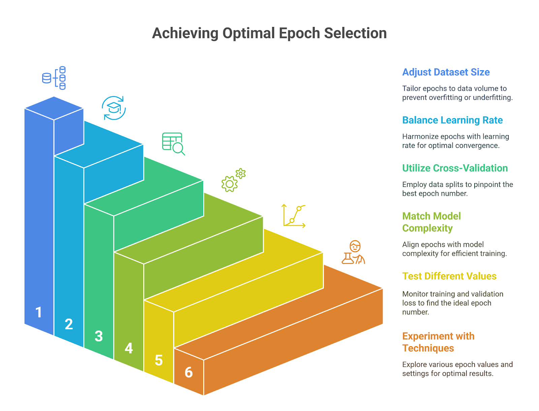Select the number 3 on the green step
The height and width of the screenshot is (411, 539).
(x=98, y=336)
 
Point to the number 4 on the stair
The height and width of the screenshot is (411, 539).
(x=128, y=348)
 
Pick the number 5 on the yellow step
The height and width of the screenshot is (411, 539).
(x=158, y=360)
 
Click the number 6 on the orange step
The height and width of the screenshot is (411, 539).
(x=188, y=372)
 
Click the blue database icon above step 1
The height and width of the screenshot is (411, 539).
(x=54, y=78)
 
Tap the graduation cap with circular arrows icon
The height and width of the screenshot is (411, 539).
(x=114, y=108)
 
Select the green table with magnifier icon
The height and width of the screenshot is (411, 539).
(x=173, y=143)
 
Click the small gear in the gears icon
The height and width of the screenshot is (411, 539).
(x=240, y=173)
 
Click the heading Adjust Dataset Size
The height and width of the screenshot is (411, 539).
(x=445, y=72)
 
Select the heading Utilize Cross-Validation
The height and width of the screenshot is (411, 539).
(x=454, y=168)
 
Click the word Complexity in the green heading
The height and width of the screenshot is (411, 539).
(x=427, y=228)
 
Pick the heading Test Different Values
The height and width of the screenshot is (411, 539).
(x=449, y=276)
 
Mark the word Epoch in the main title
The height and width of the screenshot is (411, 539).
(x=299, y=33)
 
